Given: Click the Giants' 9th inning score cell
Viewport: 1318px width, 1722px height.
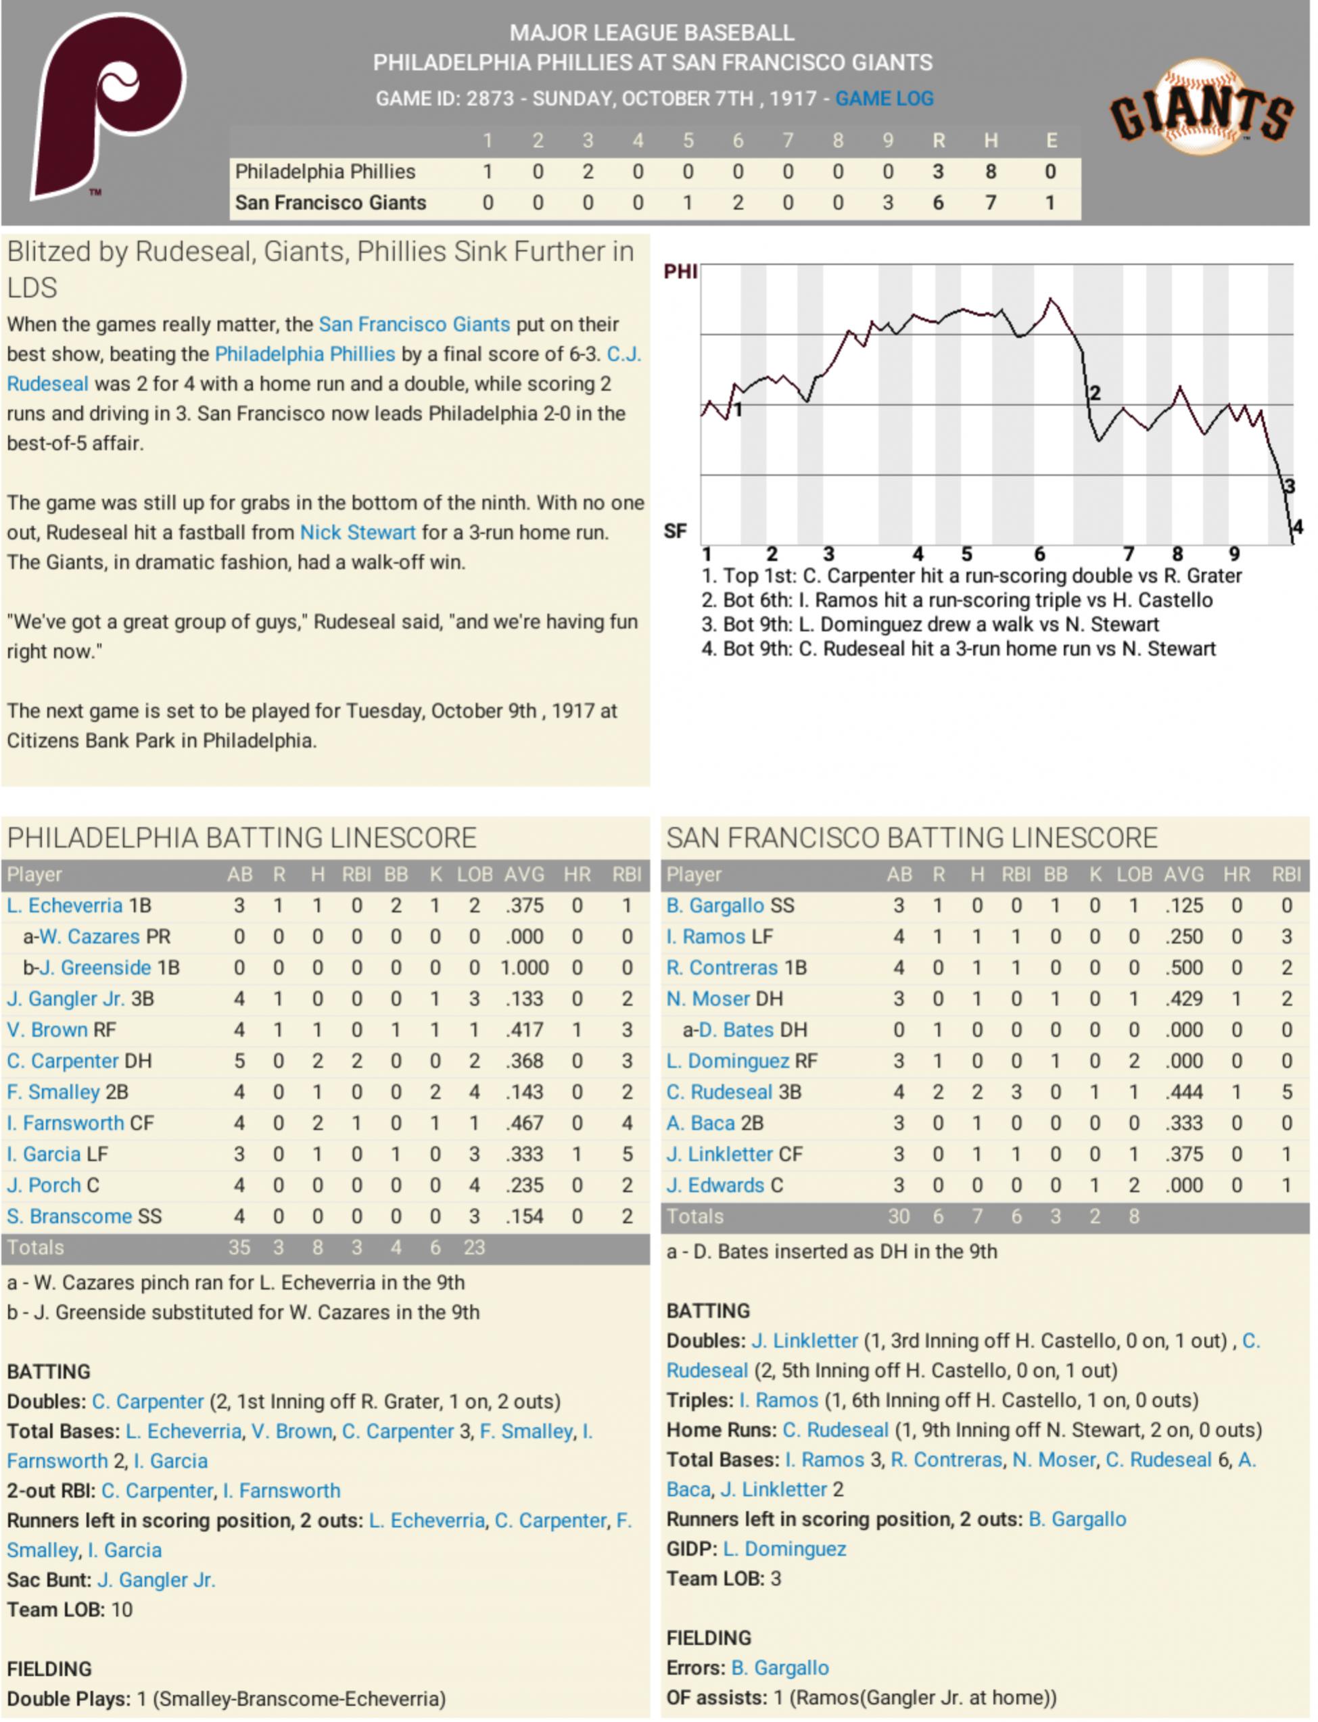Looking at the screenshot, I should pyautogui.click(x=888, y=203).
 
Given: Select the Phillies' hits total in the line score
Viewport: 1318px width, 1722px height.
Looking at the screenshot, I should pyautogui.click(x=991, y=172).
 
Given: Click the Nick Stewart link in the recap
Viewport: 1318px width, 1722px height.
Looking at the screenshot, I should pyautogui.click(x=358, y=533).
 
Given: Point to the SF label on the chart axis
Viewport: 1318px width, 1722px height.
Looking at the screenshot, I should pyautogui.click(x=676, y=531).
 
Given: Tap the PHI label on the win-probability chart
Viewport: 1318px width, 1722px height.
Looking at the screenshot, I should pyautogui.click(x=680, y=271).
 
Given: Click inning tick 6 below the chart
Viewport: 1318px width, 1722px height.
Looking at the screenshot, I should pyautogui.click(x=1039, y=554).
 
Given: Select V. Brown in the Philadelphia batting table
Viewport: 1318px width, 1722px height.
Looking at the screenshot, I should pyautogui.click(x=47, y=1030).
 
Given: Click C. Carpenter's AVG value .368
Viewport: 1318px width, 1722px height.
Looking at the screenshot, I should pyautogui.click(x=524, y=1061).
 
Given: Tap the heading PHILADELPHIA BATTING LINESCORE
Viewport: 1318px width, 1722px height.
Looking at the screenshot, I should pyautogui.click(x=241, y=838).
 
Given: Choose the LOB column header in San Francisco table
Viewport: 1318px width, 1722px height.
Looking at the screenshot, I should pyautogui.click(x=1135, y=874).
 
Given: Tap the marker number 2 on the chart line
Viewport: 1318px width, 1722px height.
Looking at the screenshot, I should pyautogui.click(x=1096, y=393).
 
